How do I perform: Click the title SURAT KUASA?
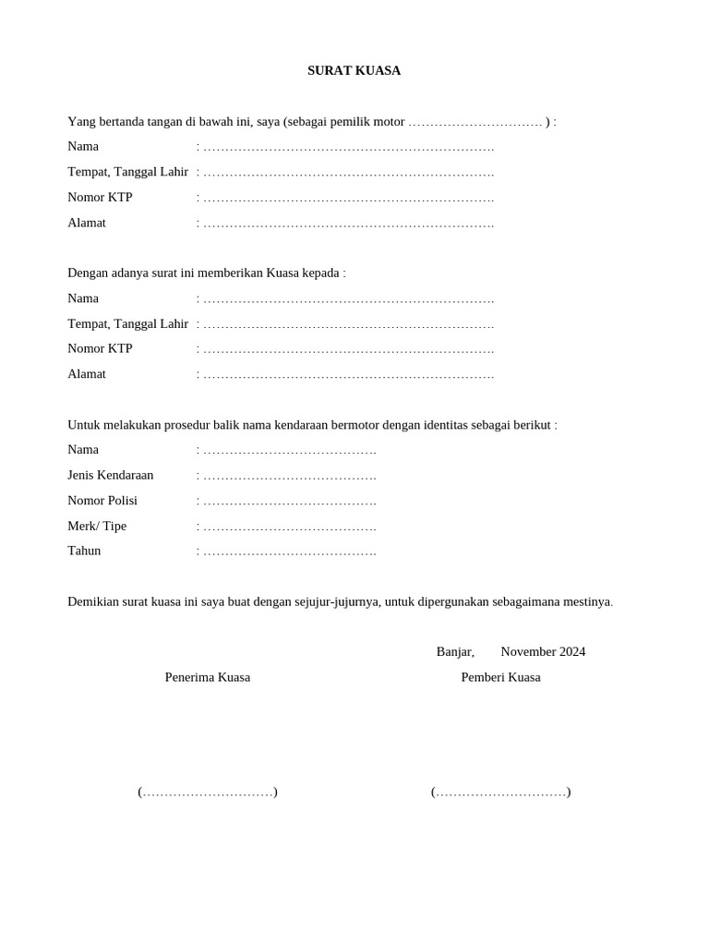click(354, 70)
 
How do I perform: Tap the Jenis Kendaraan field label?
click(110, 475)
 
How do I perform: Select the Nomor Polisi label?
click(102, 501)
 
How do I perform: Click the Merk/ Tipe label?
click(97, 526)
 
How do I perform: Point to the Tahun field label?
click(84, 551)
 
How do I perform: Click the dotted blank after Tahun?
click(289, 552)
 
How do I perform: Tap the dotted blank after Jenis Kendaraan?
click(289, 476)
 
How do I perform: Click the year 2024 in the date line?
click(571, 651)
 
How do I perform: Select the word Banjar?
click(454, 651)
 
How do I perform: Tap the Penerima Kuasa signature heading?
click(208, 677)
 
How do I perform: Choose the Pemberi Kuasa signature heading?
click(500, 677)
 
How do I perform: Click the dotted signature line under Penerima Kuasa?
click(208, 792)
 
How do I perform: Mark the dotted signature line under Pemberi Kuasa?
click(500, 792)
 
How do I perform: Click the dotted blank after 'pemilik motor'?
click(475, 122)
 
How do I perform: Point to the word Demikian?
click(93, 601)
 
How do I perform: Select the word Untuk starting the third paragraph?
click(84, 425)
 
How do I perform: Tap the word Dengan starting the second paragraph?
click(88, 273)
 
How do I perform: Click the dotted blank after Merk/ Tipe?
click(289, 527)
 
